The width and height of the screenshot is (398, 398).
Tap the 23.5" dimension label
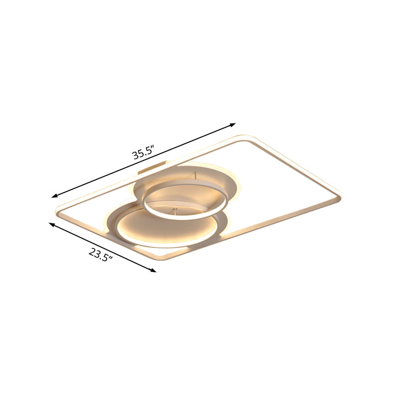click(101, 255)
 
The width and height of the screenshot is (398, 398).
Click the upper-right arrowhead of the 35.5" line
click(233, 125)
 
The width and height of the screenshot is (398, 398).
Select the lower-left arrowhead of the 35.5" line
click(54, 196)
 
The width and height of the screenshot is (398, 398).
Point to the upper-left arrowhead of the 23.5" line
click(52, 224)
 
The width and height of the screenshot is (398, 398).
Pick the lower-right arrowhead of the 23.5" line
click(153, 270)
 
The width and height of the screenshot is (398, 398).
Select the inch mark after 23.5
click(110, 258)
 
